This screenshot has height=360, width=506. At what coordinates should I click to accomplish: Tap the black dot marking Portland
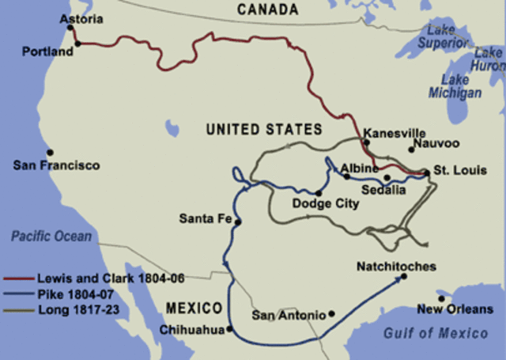point(77,44)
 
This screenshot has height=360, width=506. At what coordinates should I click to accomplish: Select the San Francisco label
point(56,166)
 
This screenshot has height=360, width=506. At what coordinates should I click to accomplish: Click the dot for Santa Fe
point(238,222)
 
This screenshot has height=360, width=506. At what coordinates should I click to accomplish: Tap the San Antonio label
point(289,315)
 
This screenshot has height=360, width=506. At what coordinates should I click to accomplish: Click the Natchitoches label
point(396,267)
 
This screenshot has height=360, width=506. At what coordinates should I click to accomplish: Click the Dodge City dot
point(319,192)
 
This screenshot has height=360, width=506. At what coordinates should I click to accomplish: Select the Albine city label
point(360,169)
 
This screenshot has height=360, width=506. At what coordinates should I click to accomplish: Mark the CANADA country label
point(268,9)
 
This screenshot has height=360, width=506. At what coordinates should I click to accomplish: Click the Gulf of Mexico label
point(435,333)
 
